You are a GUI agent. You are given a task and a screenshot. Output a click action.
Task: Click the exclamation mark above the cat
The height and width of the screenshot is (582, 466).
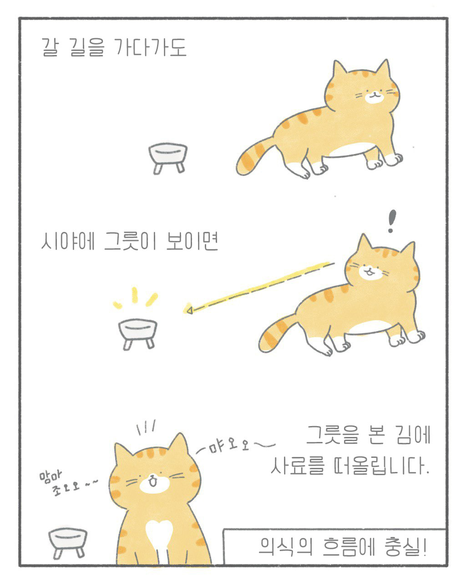391,221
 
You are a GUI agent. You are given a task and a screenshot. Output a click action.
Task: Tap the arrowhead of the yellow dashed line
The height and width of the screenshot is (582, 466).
189,310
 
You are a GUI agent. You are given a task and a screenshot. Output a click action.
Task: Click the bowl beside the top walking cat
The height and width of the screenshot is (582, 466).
168,158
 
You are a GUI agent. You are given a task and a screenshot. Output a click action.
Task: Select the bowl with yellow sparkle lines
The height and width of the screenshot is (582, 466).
137,334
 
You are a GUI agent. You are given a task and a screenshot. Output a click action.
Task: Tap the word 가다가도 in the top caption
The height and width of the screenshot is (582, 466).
150,47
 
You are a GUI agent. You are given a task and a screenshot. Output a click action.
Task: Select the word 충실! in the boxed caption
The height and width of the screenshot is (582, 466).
405,546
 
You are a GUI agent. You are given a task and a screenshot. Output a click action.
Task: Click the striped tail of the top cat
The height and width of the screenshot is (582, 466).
253,157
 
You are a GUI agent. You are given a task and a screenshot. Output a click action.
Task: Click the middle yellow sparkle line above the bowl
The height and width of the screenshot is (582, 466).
135,295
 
